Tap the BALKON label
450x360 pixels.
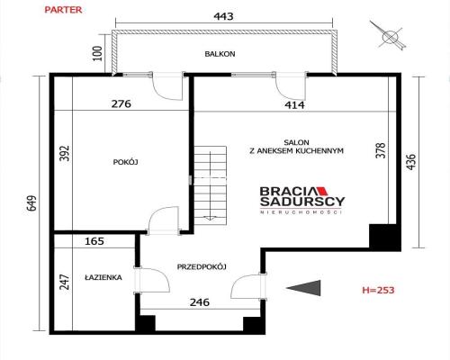tap(220, 54)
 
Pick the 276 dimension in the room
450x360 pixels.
tap(121, 103)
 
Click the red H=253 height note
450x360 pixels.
tap(377, 290)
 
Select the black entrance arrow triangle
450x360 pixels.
tap(306, 288)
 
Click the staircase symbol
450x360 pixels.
tap(215, 184)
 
